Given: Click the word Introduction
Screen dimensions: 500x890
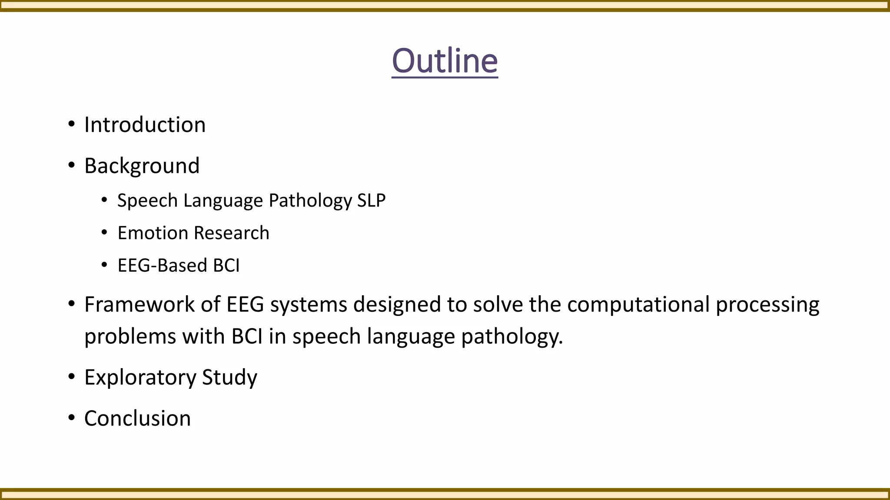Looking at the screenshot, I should tap(145, 125).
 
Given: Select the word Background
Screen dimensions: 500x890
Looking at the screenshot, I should tap(142, 166).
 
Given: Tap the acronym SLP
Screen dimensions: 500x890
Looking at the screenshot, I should tap(371, 201).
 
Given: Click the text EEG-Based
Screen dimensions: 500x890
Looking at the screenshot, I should tap(162, 266).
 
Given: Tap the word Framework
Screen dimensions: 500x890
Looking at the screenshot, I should tap(139, 304).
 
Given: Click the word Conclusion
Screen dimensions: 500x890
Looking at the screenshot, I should tap(137, 418).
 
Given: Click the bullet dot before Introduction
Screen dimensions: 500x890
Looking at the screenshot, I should tap(72, 125).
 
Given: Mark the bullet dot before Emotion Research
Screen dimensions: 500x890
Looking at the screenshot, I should tap(104, 233).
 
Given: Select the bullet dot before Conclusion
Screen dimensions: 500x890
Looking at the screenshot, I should tap(72, 418).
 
